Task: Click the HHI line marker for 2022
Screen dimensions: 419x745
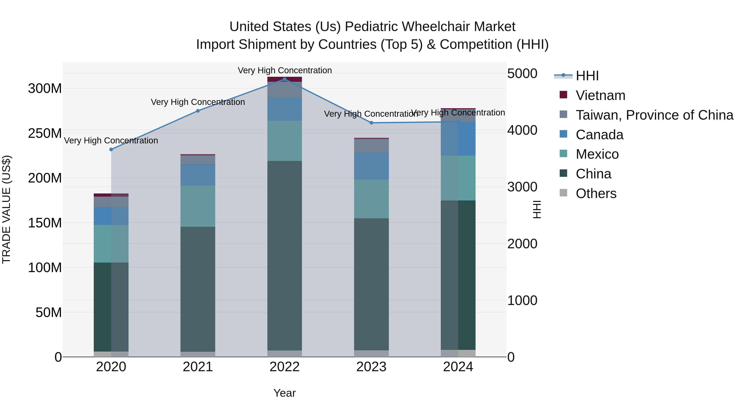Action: (x=284, y=79)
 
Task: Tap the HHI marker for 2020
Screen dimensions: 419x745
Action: (x=111, y=150)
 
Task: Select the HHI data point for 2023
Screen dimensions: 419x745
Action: (x=371, y=123)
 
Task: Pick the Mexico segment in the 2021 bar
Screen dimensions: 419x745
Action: (x=198, y=206)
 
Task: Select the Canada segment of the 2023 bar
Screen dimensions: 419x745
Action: (x=371, y=166)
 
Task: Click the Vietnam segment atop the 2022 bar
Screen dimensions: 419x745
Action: (x=284, y=79)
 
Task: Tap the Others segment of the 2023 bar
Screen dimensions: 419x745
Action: (x=371, y=353)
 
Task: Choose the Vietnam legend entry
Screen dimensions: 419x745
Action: (x=600, y=95)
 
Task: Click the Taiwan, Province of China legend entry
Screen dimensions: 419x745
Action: (x=654, y=115)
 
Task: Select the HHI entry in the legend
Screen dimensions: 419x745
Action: (x=587, y=76)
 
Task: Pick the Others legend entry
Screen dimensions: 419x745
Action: (x=596, y=193)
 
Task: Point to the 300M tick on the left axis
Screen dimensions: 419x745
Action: (x=45, y=89)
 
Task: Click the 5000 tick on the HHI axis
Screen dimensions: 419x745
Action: (x=522, y=73)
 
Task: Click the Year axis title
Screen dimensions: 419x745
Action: (x=284, y=393)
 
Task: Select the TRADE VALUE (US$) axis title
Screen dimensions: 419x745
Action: (x=6, y=209)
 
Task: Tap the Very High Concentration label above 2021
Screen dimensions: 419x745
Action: (x=198, y=102)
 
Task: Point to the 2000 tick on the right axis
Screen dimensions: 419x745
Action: (x=522, y=244)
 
